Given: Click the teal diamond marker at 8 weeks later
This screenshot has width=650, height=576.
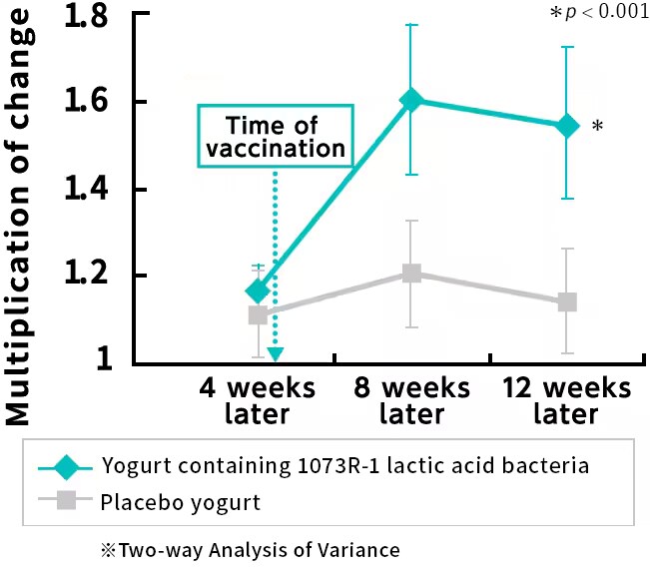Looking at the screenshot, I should coord(411,100).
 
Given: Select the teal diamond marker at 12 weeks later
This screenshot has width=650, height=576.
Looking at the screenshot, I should coord(567,126).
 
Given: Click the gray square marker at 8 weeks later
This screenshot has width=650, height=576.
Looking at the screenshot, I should coord(411,274).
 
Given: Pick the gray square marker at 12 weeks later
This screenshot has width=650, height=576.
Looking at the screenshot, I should coord(567,301).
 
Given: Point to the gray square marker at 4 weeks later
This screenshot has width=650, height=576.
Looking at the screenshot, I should coord(258,315).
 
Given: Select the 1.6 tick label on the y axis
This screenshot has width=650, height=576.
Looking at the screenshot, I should coord(88,103).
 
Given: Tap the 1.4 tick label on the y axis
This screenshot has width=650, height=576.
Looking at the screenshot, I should coord(88,190).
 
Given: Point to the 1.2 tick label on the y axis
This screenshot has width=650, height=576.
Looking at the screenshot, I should coord(88,276).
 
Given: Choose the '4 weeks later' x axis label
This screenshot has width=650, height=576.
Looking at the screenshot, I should coord(258,400).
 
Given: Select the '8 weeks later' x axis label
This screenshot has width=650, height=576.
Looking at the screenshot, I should coord(411,400).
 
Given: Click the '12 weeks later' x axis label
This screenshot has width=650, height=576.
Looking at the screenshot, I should coord(567,400).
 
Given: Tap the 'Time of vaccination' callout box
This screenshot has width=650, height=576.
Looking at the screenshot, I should coord(273,137).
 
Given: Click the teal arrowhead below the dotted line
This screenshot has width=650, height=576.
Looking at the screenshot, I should coord(275,354).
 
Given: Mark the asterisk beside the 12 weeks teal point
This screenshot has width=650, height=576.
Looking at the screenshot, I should coord(596,127).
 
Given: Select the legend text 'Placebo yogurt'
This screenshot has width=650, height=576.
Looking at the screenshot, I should coord(180,502).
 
